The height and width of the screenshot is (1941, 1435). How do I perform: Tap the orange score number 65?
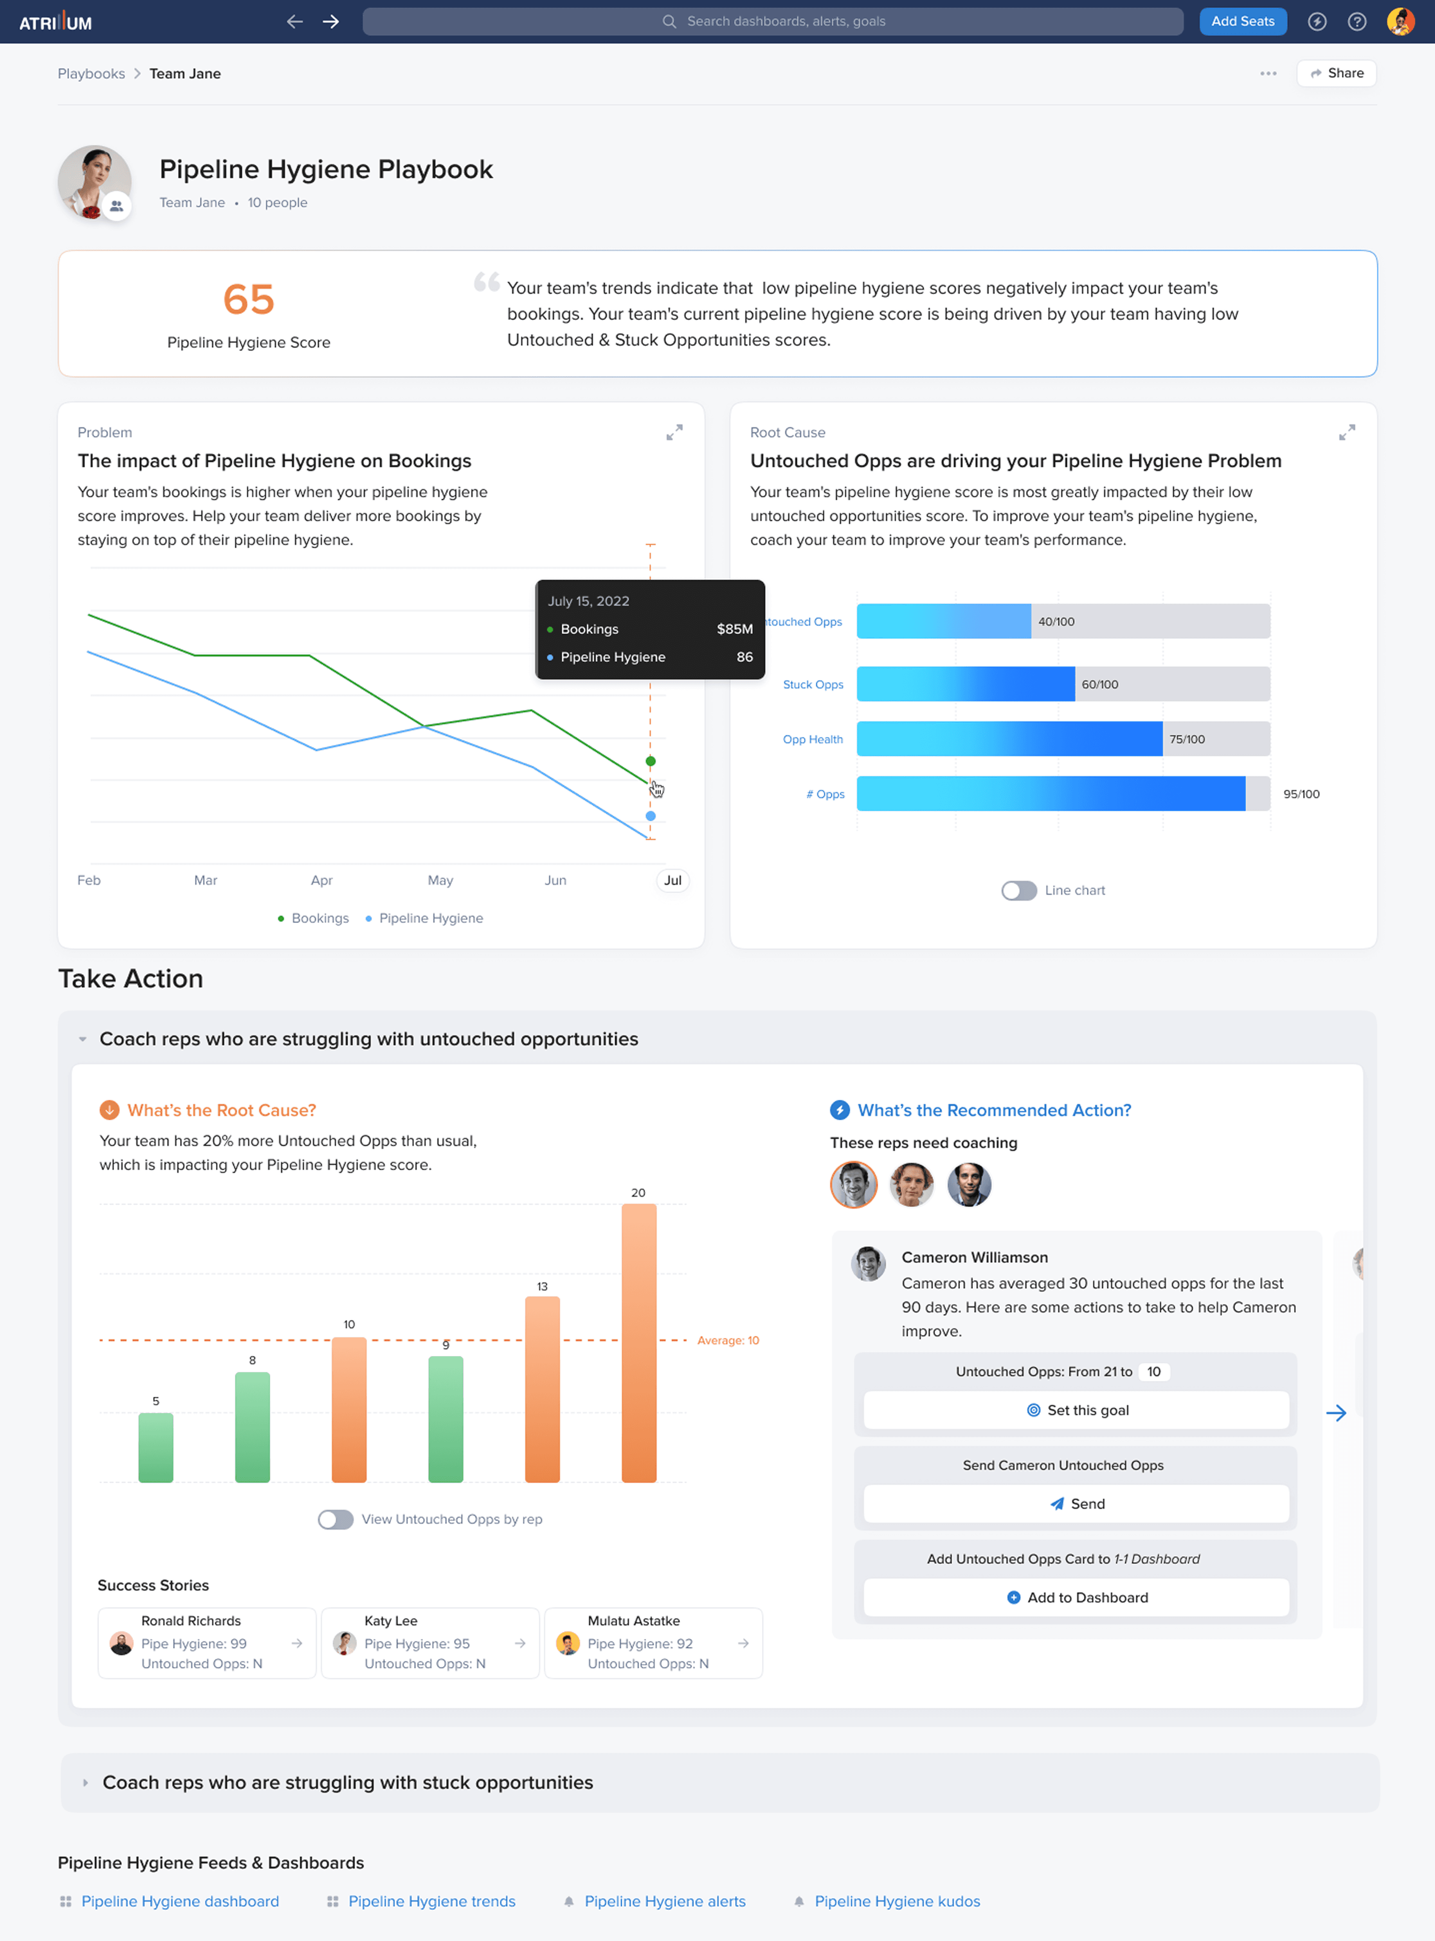(x=248, y=300)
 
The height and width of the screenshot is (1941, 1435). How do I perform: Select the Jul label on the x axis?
(x=673, y=880)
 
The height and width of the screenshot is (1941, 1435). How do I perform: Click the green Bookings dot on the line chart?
(x=650, y=761)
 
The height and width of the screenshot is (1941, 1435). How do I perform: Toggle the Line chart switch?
(x=1019, y=891)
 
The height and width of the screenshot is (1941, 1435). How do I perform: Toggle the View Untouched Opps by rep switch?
(x=335, y=1520)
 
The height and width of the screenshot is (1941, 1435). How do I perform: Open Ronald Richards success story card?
(x=207, y=1643)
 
